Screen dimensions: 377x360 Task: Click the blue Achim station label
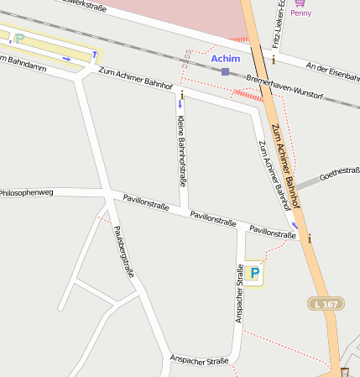point(225,59)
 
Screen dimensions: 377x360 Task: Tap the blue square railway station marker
point(225,72)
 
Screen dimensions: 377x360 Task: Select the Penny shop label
point(300,13)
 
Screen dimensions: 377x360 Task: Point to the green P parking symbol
point(18,39)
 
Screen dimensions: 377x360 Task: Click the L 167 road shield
point(326,303)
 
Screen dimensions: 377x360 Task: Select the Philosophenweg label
point(26,193)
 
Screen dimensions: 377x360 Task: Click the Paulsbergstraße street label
point(124,251)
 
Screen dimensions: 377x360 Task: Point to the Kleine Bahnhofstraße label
point(181,150)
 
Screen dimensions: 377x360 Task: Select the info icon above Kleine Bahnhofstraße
point(182,96)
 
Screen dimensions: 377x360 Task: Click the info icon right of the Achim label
point(273,60)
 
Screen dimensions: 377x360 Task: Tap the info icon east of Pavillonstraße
point(309,238)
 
